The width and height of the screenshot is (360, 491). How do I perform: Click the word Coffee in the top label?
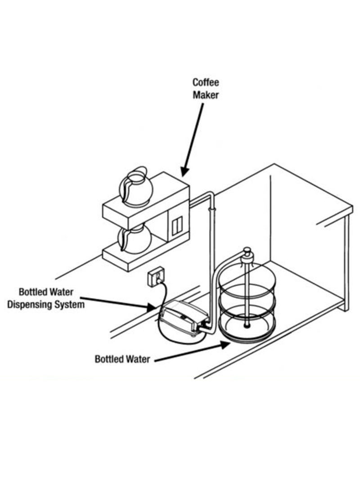[205, 82]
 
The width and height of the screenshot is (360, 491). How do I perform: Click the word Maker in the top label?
[205, 95]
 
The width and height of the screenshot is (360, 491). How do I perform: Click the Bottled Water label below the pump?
[122, 359]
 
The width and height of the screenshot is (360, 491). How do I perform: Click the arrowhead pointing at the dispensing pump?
[151, 307]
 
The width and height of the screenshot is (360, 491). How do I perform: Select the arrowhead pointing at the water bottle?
[225, 345]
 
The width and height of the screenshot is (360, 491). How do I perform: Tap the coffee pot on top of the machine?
[135, 187]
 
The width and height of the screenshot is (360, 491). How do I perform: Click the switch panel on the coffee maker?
[177, 225]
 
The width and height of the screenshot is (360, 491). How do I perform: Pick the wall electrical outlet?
[156, 276]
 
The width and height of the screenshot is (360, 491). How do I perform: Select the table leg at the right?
[346, 263]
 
